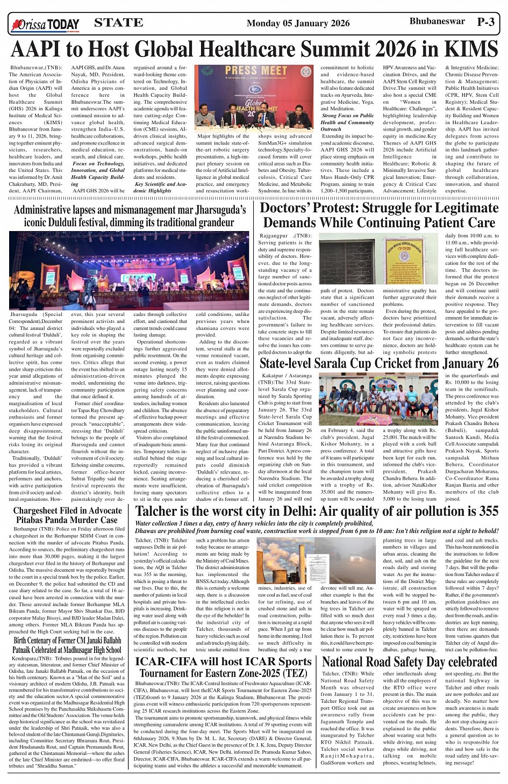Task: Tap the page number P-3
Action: pyautogui.click(x=485, y=22)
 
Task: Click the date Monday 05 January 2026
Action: pyautogui.click(x=298, y=23)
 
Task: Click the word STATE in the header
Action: pyautogui.click(x=118, y=23)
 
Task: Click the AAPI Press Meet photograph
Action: pyautogui.click(x=253, y=98)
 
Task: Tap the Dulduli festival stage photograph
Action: pyautogui.click(x=129, y=270)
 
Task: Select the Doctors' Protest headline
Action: pyautogui.click(x=378, y=215)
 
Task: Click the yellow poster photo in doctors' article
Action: pyautogui.click(x=404, y=261)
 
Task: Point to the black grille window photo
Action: pyautogui.click(x=347, y=262)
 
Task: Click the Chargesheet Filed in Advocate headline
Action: pyautogui.click(x=67, y=515)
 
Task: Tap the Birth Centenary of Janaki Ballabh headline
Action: pyautogui.click(x=67, y=645)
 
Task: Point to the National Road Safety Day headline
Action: pyautogui.click(x=410, y=661)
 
